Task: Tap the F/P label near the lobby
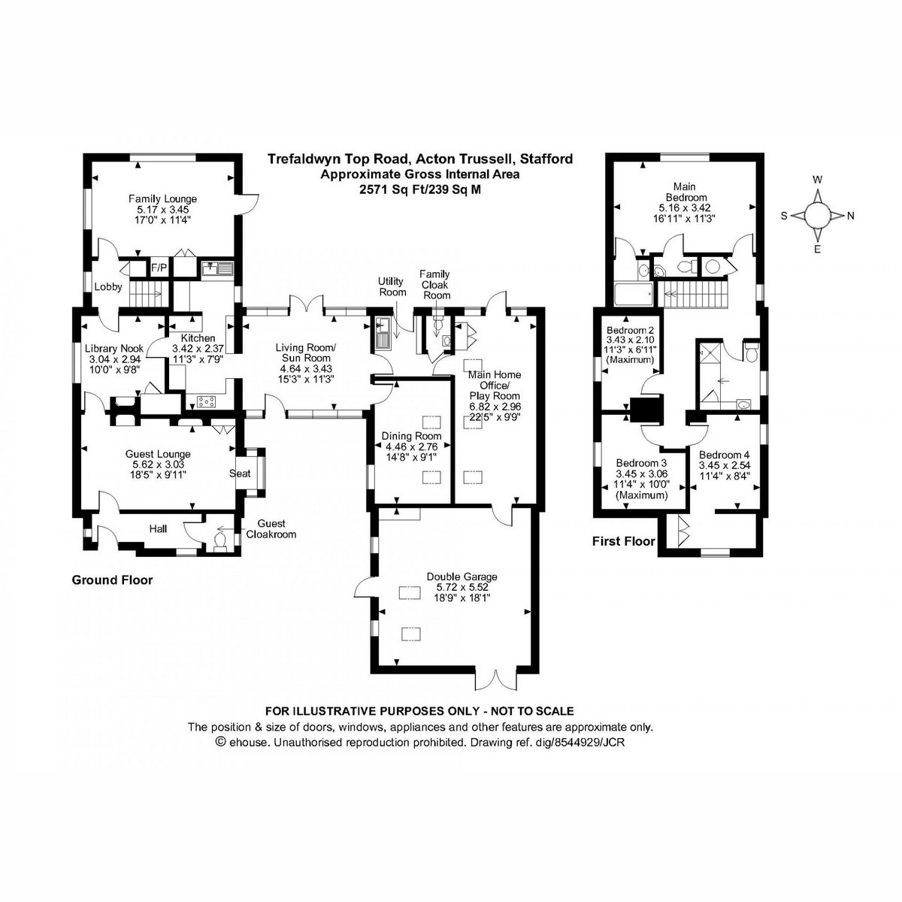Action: coord(159,268)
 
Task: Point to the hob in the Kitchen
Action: coord(207,401)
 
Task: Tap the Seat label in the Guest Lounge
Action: coord(240,474)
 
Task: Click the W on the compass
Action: coord(817,180)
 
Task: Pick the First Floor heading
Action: coord(623,541)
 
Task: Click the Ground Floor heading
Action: coord(112,580)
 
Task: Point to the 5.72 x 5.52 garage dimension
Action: coord(462,587)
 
